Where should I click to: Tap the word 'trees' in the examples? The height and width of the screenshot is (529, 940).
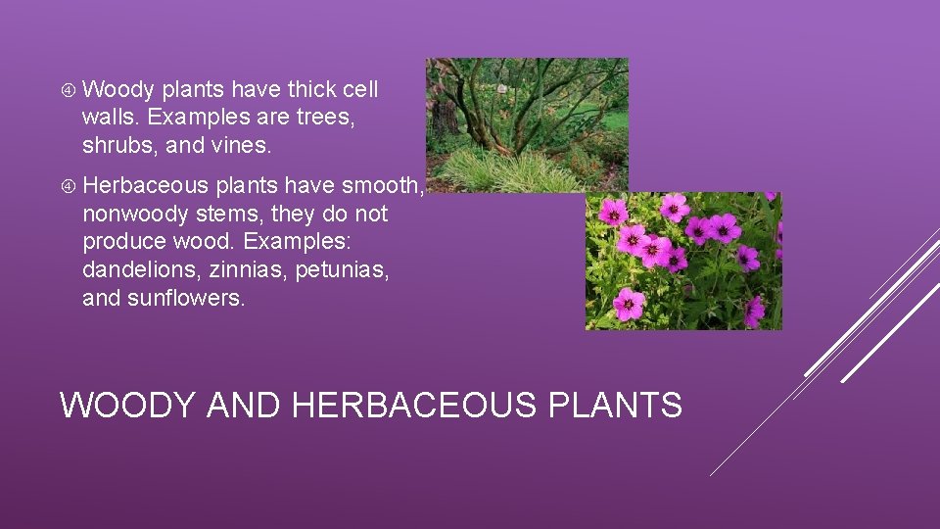point(325,119)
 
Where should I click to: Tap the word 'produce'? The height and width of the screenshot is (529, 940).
point(123,242)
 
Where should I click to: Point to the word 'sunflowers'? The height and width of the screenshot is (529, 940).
point(185,298)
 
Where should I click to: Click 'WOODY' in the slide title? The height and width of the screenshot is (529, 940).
point(127,405)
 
